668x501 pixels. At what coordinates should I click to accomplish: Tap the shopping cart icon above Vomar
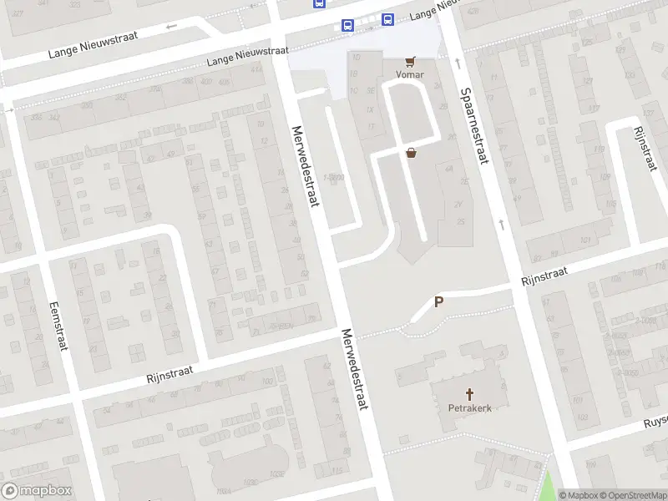(410, 62)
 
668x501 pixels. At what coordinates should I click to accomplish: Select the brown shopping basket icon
(411, 153)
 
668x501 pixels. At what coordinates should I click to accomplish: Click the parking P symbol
(439, 303)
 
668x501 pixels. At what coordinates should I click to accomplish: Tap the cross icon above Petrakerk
(469, 394)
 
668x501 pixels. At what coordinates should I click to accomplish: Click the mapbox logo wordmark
(37, 491)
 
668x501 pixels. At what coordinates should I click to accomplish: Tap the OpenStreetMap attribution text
(633, 495)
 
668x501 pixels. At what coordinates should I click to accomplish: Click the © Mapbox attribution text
(579, 495)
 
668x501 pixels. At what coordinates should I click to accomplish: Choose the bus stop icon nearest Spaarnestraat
(387, 19)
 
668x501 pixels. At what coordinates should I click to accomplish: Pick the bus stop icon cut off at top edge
(320, 3)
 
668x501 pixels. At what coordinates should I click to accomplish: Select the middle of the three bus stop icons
(347, 26)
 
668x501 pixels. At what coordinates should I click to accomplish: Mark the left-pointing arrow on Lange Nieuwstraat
(172, 26)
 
